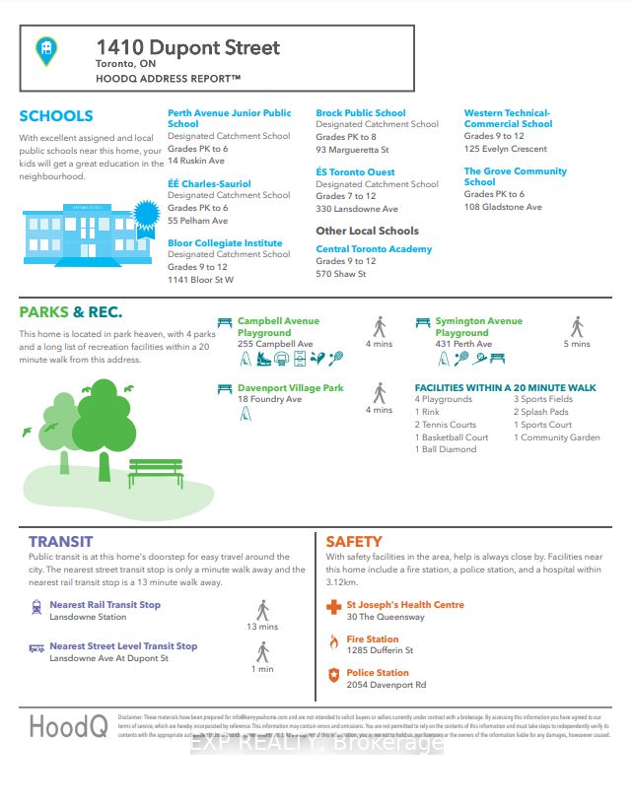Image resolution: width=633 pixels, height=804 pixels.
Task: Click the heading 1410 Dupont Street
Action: pos(187,47)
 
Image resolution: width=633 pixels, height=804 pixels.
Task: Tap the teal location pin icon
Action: pos(46,50)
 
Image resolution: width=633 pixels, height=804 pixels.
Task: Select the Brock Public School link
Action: pos(360,113)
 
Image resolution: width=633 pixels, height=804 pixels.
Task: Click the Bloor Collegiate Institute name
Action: pos(225,242)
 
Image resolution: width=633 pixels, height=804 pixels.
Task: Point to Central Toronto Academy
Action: pos(374,249)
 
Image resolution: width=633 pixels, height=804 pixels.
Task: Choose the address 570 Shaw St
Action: pos(340,274)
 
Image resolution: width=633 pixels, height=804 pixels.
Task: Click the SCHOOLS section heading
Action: pos(56,116)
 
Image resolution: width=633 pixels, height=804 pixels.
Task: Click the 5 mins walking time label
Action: pos(577,344)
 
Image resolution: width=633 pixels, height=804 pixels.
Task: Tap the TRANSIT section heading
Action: pos(60,541)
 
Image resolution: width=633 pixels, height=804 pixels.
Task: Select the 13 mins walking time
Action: pos(262,627)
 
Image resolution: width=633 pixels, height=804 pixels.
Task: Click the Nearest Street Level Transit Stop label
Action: pos(123,646)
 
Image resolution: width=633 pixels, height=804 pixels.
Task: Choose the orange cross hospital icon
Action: pos(333,608)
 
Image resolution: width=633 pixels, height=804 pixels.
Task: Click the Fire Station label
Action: pos(373,639)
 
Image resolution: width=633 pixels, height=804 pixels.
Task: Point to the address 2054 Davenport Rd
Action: pos(387,685)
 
